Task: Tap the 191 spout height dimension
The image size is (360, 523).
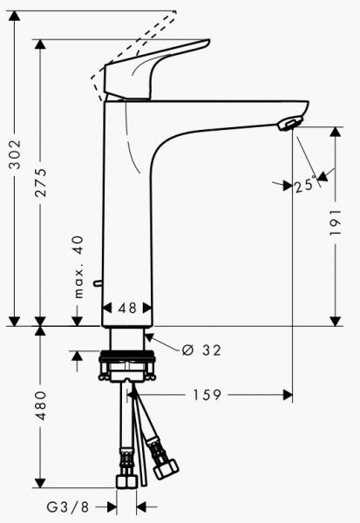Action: [x=336, y=228]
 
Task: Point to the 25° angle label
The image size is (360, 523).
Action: [x=306, y=185]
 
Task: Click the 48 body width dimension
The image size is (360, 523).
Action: [x=128, y=307]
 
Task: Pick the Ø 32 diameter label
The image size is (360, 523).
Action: [x=201, y=350]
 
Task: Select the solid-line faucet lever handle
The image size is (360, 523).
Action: [x=157, y=70]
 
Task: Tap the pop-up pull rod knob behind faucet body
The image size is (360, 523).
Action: [x=98, y=282]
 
